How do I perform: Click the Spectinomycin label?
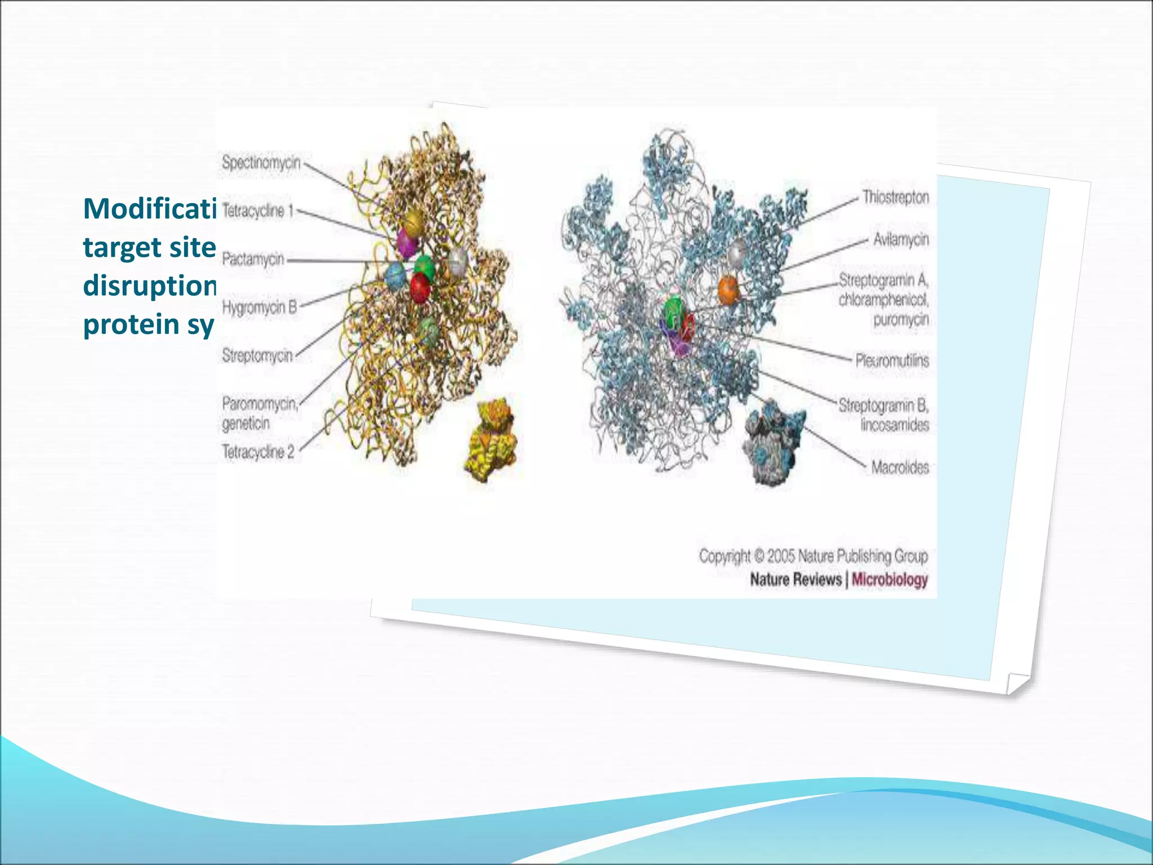point(261,163)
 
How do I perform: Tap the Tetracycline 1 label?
point(258,211)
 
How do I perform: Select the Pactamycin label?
point(253,259)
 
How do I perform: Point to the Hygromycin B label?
point(259,307)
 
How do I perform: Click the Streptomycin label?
point(257,355)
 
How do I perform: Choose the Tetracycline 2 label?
point(258,452)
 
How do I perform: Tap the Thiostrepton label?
point(896,197)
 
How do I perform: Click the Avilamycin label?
point(901,239)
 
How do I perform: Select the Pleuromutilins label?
point(892,360)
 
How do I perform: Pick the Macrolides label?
point(900,467)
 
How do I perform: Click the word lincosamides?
point(895,425)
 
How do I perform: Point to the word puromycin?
point(901,320)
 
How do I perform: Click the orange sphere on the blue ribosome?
point(728,290)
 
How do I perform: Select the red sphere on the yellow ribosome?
point(420,287)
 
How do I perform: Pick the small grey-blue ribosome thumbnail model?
point(774,441)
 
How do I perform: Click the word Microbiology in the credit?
point(890,579)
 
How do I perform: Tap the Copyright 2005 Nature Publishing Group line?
point(813,556)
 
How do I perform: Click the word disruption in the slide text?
point(149,286)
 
